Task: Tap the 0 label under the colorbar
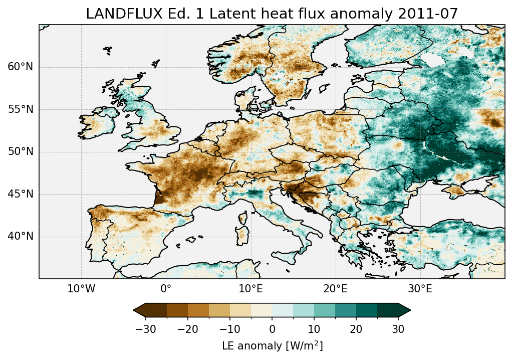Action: (x=272, y=329)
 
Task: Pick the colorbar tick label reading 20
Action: (x=356, y=329)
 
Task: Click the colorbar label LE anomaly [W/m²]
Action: (x=272, y=346)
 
